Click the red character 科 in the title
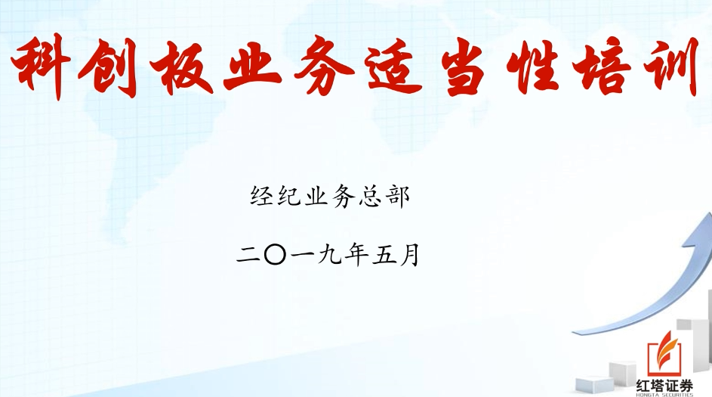(40, 67)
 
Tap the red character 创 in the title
(108, 68)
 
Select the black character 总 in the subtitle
(371, 197)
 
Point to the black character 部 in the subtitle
(399, 197)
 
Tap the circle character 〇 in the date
(275, 255)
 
